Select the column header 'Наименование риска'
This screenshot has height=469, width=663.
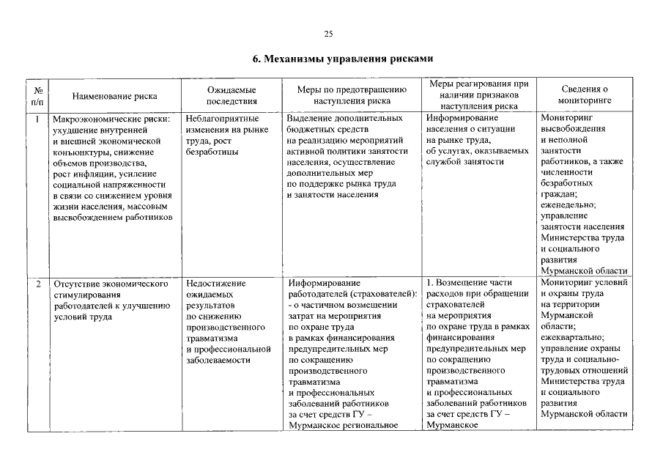tap(115, 95)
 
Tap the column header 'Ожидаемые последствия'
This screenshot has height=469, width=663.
tap(231, 95)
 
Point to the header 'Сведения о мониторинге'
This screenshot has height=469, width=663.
tap(584, 95)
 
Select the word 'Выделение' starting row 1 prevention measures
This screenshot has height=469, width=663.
tap(309, 117)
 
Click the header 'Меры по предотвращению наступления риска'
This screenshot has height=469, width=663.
tap(351, 95)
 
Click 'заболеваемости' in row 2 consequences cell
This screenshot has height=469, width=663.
tap(219, 360)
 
